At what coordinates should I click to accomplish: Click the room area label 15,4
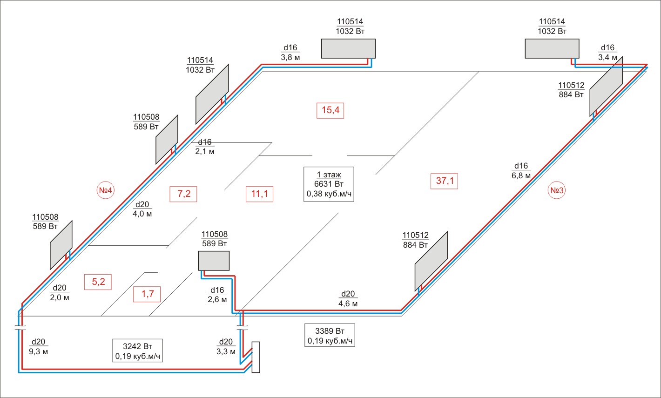coord(330,110)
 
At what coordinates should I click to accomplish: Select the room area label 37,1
coord(445,181)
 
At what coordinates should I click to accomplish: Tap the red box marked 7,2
coord(183,194)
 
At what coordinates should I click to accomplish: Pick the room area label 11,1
coord(259,194)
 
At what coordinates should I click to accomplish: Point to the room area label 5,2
coord(98,282)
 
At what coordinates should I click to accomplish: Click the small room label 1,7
coord(147,294)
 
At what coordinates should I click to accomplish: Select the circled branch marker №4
coord(105,190)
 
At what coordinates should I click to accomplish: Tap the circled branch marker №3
coord(557,190)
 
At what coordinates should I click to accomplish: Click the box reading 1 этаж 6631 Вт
coord(329,184)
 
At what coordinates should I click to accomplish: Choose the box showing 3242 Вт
coord(137,351)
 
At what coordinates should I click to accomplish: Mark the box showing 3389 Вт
coord(330,335)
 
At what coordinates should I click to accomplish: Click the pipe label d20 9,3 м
coord(38,347)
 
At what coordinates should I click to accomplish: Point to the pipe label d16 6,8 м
coord(521,170)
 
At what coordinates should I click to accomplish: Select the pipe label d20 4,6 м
coord(348,298)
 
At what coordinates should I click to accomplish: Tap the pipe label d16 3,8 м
coord(290,53)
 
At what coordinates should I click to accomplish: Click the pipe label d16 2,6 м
coord(217,295)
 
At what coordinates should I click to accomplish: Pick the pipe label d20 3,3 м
coord(226,347)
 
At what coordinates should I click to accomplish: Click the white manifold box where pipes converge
coord(256,357)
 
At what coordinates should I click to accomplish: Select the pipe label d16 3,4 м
coord(607,53)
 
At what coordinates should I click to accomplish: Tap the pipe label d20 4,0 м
coord(142,209)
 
